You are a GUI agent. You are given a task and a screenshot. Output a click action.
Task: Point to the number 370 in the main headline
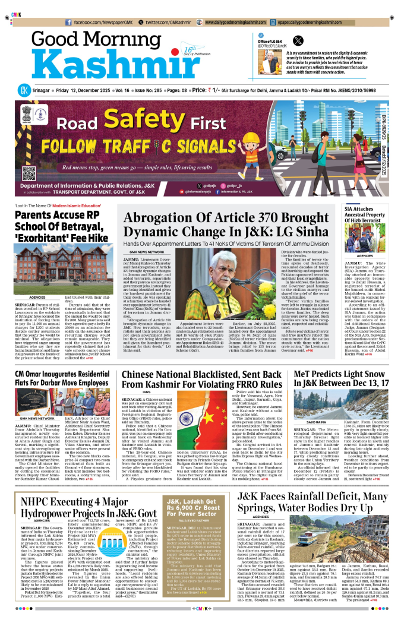point(246,217)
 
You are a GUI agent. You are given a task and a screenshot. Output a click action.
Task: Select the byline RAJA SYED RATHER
point(193,538)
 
